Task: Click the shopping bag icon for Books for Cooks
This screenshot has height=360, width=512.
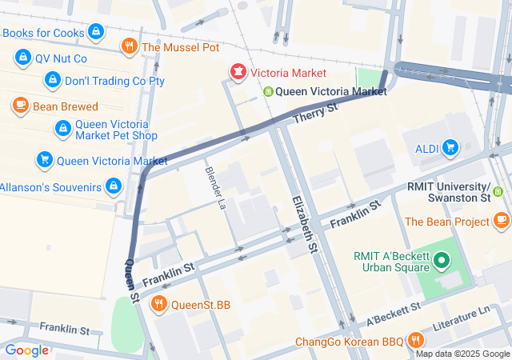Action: (x=96, y=32)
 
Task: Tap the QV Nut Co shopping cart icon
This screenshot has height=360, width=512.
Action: (x=22, y=58)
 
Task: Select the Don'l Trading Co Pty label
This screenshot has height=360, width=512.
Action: (x=114, y=81)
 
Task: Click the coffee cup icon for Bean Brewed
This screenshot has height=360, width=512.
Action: (x=22, y=106)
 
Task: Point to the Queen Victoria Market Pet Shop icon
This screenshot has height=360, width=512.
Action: (x=62, y=128)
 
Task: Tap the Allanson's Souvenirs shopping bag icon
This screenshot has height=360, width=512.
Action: (x=114, y=186)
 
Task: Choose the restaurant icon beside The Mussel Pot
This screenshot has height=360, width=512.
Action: (x=129, y=47)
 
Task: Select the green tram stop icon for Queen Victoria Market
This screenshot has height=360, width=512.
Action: (x=269, y=92)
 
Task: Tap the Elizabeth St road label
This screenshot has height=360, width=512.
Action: (x=304, y=224)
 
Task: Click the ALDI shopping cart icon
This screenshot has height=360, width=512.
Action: (x=450, y=146)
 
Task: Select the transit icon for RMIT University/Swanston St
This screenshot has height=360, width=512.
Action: (x=498, y=191)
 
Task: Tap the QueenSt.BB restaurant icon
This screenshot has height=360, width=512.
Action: (x=159, y=303)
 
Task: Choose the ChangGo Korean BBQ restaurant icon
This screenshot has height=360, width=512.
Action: (x=415, y=341)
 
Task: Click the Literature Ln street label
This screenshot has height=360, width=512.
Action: (x=460, y=321)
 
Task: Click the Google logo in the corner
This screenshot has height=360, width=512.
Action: (x=26, y=350)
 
